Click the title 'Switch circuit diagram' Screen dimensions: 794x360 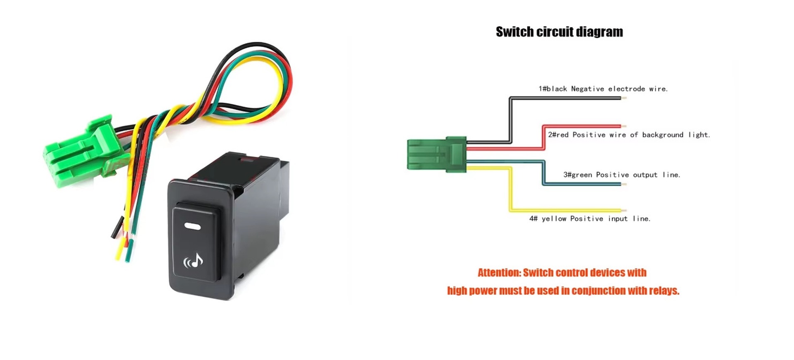coord(559,32)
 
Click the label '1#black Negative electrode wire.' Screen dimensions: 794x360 coord(603,89)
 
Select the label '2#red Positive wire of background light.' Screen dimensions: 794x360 coord(629,134)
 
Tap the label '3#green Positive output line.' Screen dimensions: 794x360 coord(622,175)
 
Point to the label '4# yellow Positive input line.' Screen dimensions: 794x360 coord(590,218)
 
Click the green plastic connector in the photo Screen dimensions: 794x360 coord(83,151)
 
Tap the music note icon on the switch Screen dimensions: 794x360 coord(194,261)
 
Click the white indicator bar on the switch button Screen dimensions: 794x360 coord(192,226)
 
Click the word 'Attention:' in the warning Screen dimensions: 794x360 coord(499,273)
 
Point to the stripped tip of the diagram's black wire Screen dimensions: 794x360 coord(624,98)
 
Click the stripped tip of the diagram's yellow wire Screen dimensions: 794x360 coord(624,211)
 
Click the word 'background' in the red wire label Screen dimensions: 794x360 coord(662,134)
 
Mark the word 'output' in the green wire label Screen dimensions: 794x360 coord(645,175)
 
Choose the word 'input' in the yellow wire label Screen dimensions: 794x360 coord(618,219)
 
